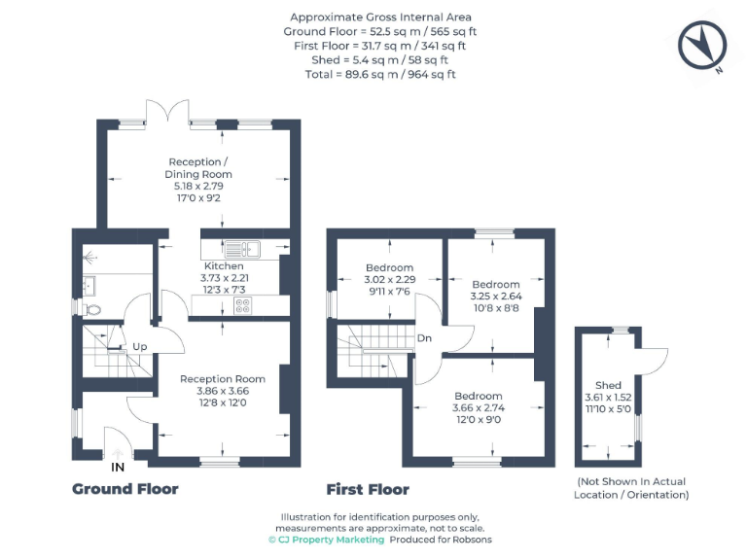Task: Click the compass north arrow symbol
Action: coord(704,46)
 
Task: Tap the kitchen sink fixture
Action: coord(238,247)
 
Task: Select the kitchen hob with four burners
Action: coord(241,305)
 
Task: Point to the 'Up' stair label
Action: coord(140,347)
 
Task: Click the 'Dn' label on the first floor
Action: coord(424,338)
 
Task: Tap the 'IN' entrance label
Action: coord(118,468)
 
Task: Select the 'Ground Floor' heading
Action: coord(124,489)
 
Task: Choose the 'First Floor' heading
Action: coord(368,489)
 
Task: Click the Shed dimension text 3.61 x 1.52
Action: coord(608,398)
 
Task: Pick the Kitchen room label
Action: coord(224,266)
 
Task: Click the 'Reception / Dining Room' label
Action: coord(198,168)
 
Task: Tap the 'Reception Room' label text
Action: coord(223,379)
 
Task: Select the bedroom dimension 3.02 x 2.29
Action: coord(389,280)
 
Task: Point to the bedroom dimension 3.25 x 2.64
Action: coord(496,297)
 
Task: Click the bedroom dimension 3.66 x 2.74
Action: coord(477,408)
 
